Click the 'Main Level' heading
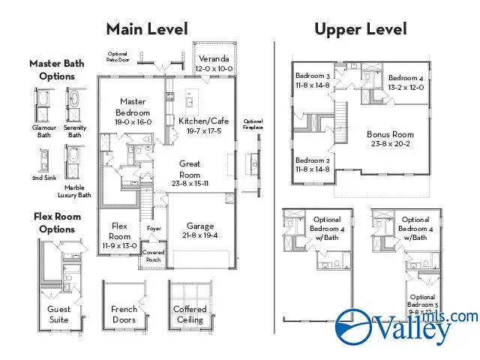(146, 29)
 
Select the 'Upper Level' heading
(360, 29)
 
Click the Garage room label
(200, 230)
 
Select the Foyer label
(154, 229)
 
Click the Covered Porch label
(154, 256)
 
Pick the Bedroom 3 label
(313, 81)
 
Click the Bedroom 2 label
(313, 165)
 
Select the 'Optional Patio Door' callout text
(118, 57)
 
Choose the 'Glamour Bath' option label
(44, 131)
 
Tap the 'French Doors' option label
(124, 314)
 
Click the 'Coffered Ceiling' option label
(190, 314)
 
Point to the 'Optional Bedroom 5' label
(421, 301)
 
